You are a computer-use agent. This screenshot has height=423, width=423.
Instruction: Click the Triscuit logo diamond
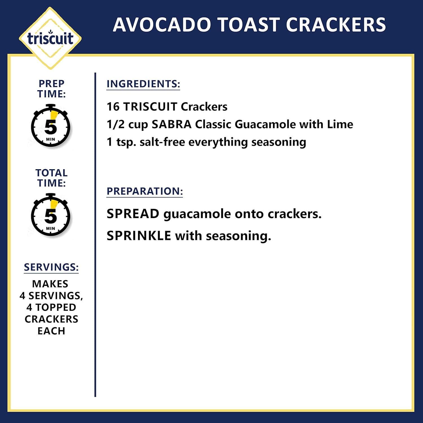(50, 38)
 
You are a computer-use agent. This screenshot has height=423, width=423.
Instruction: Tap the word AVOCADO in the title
(162, 25)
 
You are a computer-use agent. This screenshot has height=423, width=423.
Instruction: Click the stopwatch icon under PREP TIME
(51, 126)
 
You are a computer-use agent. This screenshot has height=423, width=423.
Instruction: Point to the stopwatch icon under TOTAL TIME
(51, 215)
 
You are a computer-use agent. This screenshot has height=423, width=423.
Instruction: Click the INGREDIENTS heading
(143, 84)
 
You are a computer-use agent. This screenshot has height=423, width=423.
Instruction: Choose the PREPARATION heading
(145, 191)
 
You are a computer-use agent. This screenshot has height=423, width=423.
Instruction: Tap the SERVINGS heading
(51, 267)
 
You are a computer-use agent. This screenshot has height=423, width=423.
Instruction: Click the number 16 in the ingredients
(113, 107)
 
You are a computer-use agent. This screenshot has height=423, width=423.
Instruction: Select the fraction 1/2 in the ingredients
(115, 124)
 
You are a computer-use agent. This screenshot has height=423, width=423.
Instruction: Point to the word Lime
(340, 124)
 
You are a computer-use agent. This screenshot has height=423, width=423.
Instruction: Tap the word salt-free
(162, 142)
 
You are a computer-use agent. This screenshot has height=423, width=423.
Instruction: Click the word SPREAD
(133, 214)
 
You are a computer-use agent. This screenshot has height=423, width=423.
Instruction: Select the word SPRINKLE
(139, 236)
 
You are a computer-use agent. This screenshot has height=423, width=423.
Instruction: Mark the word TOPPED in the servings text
(56, 307)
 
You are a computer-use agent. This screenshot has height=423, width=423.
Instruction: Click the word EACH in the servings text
(51, 331)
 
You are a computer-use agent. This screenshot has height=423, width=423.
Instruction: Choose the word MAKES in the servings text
(50, 284)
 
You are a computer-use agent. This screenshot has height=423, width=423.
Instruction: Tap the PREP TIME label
(51, 89)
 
